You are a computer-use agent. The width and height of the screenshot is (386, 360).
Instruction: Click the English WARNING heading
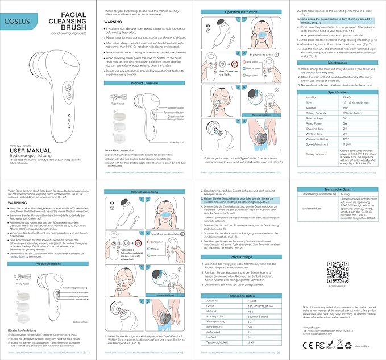(115, 23)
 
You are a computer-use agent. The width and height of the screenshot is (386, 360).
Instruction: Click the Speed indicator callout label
(176, 107)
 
